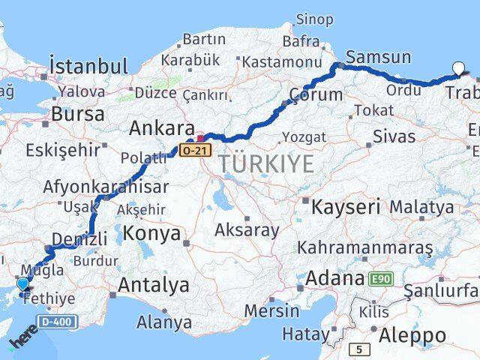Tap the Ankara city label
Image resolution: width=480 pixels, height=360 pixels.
(162, 128)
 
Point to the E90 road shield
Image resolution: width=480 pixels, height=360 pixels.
(379, 279)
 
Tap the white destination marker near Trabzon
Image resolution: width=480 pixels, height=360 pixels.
(459, 70)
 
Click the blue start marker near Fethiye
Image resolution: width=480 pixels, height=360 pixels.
(23, 284)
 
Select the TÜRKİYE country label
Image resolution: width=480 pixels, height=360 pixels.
(266, 164)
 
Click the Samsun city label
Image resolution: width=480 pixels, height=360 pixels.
(377, 58)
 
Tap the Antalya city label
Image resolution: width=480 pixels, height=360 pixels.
(154, 285)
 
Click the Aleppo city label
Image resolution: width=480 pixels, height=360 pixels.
(412, 334)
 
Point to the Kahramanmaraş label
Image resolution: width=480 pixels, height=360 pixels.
(365, 247)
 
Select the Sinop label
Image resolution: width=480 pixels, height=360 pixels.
(315, 19)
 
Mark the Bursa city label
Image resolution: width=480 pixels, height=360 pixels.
(77, 115)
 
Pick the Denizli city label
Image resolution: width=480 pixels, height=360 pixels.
(80, 240)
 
